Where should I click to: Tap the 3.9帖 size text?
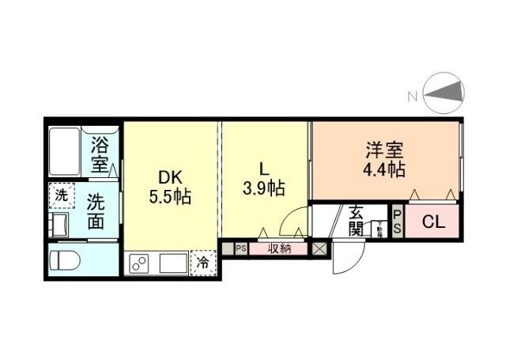(264, 189)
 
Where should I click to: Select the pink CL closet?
(433, 222)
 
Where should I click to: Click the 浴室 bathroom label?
(99, 155)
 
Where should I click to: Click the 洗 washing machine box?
(60, 194)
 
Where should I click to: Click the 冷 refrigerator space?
(202, 262)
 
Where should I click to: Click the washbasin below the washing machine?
(60, 223)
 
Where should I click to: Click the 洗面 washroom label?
(96, 211)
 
